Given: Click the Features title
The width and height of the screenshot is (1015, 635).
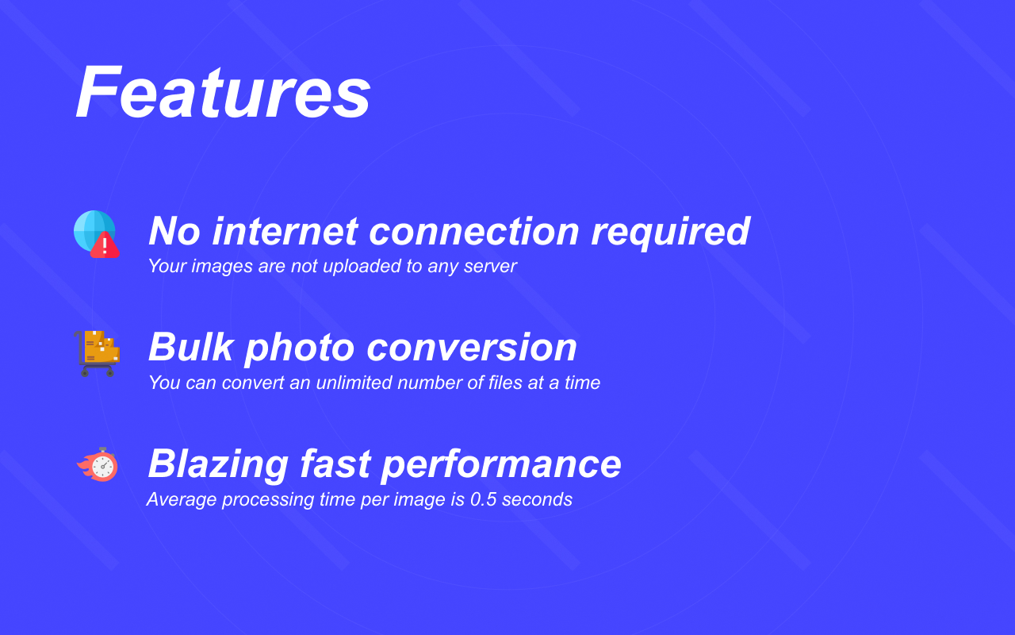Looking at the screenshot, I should coord(223,92).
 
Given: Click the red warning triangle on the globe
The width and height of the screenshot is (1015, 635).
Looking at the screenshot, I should coord(105,246).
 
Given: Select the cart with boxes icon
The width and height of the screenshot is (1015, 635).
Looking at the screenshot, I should coord(97,352).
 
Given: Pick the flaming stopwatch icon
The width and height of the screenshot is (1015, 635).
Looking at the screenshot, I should coord(98,465).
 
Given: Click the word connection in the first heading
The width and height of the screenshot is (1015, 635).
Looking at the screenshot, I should coord(474,232).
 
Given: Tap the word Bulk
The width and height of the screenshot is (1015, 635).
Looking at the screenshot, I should coord(190,348).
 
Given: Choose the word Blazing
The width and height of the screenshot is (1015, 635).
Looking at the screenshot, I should coord(217,464).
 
